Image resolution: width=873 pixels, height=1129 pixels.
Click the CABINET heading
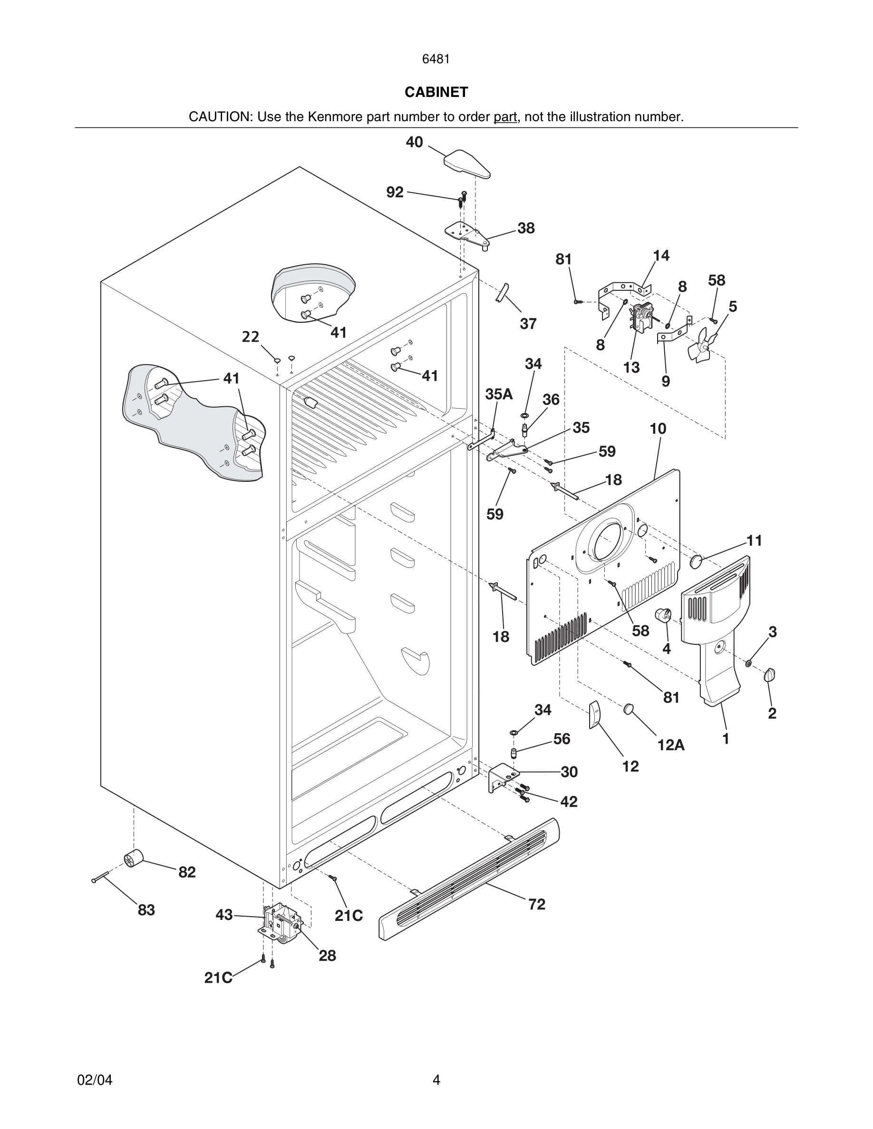(436, 92)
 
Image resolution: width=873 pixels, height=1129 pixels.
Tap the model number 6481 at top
(436, 59)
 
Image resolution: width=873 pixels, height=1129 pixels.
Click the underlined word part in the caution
(505, 117)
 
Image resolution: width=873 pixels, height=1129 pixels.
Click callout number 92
(395, 192)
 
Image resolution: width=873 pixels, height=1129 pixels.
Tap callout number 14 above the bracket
(660, 256)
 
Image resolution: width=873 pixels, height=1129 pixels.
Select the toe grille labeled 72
(468, 878)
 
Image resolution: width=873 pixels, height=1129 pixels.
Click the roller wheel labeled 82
(134, 859)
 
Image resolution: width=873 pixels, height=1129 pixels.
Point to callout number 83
(146, 910)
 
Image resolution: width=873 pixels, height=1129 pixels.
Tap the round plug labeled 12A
(629, 709)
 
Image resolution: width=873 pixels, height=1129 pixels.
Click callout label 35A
(499, 394)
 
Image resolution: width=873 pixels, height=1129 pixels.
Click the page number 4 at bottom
(436, 1080)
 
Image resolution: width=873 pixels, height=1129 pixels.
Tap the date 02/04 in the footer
(95, 1080)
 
